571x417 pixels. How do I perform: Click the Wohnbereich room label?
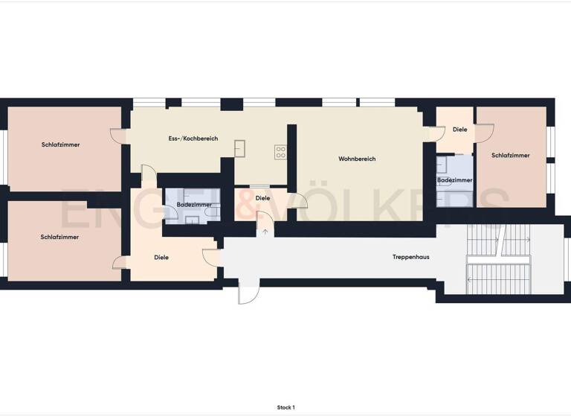(x=357, y=159)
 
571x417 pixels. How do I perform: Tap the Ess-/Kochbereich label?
(x=193, y=139)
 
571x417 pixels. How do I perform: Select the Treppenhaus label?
(x=411, y=257)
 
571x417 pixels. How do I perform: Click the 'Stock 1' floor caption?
(x=285, y=407)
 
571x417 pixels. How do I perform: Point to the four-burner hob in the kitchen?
(x=281, y=152)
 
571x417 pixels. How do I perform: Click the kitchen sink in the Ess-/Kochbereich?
(x=240, y=147)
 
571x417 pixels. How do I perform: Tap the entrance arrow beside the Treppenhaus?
(x=265, y=232)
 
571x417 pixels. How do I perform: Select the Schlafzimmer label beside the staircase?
(x=511, y=156)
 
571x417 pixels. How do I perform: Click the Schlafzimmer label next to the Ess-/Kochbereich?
(x=61, y=144)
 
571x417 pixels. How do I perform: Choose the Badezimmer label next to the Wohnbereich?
(x=454, y=180)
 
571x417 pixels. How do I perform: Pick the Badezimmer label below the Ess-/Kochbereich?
(x=194, y=205)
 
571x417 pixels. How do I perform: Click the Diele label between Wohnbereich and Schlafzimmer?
(x=460, y=130)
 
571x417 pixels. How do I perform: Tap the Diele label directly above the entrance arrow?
(x=262, y=198)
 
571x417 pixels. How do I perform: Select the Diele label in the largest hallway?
(x=161, y=258)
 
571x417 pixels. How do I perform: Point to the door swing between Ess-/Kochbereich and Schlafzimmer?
(x=117, y=135)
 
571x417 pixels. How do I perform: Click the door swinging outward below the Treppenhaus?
(x=248, y=295)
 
